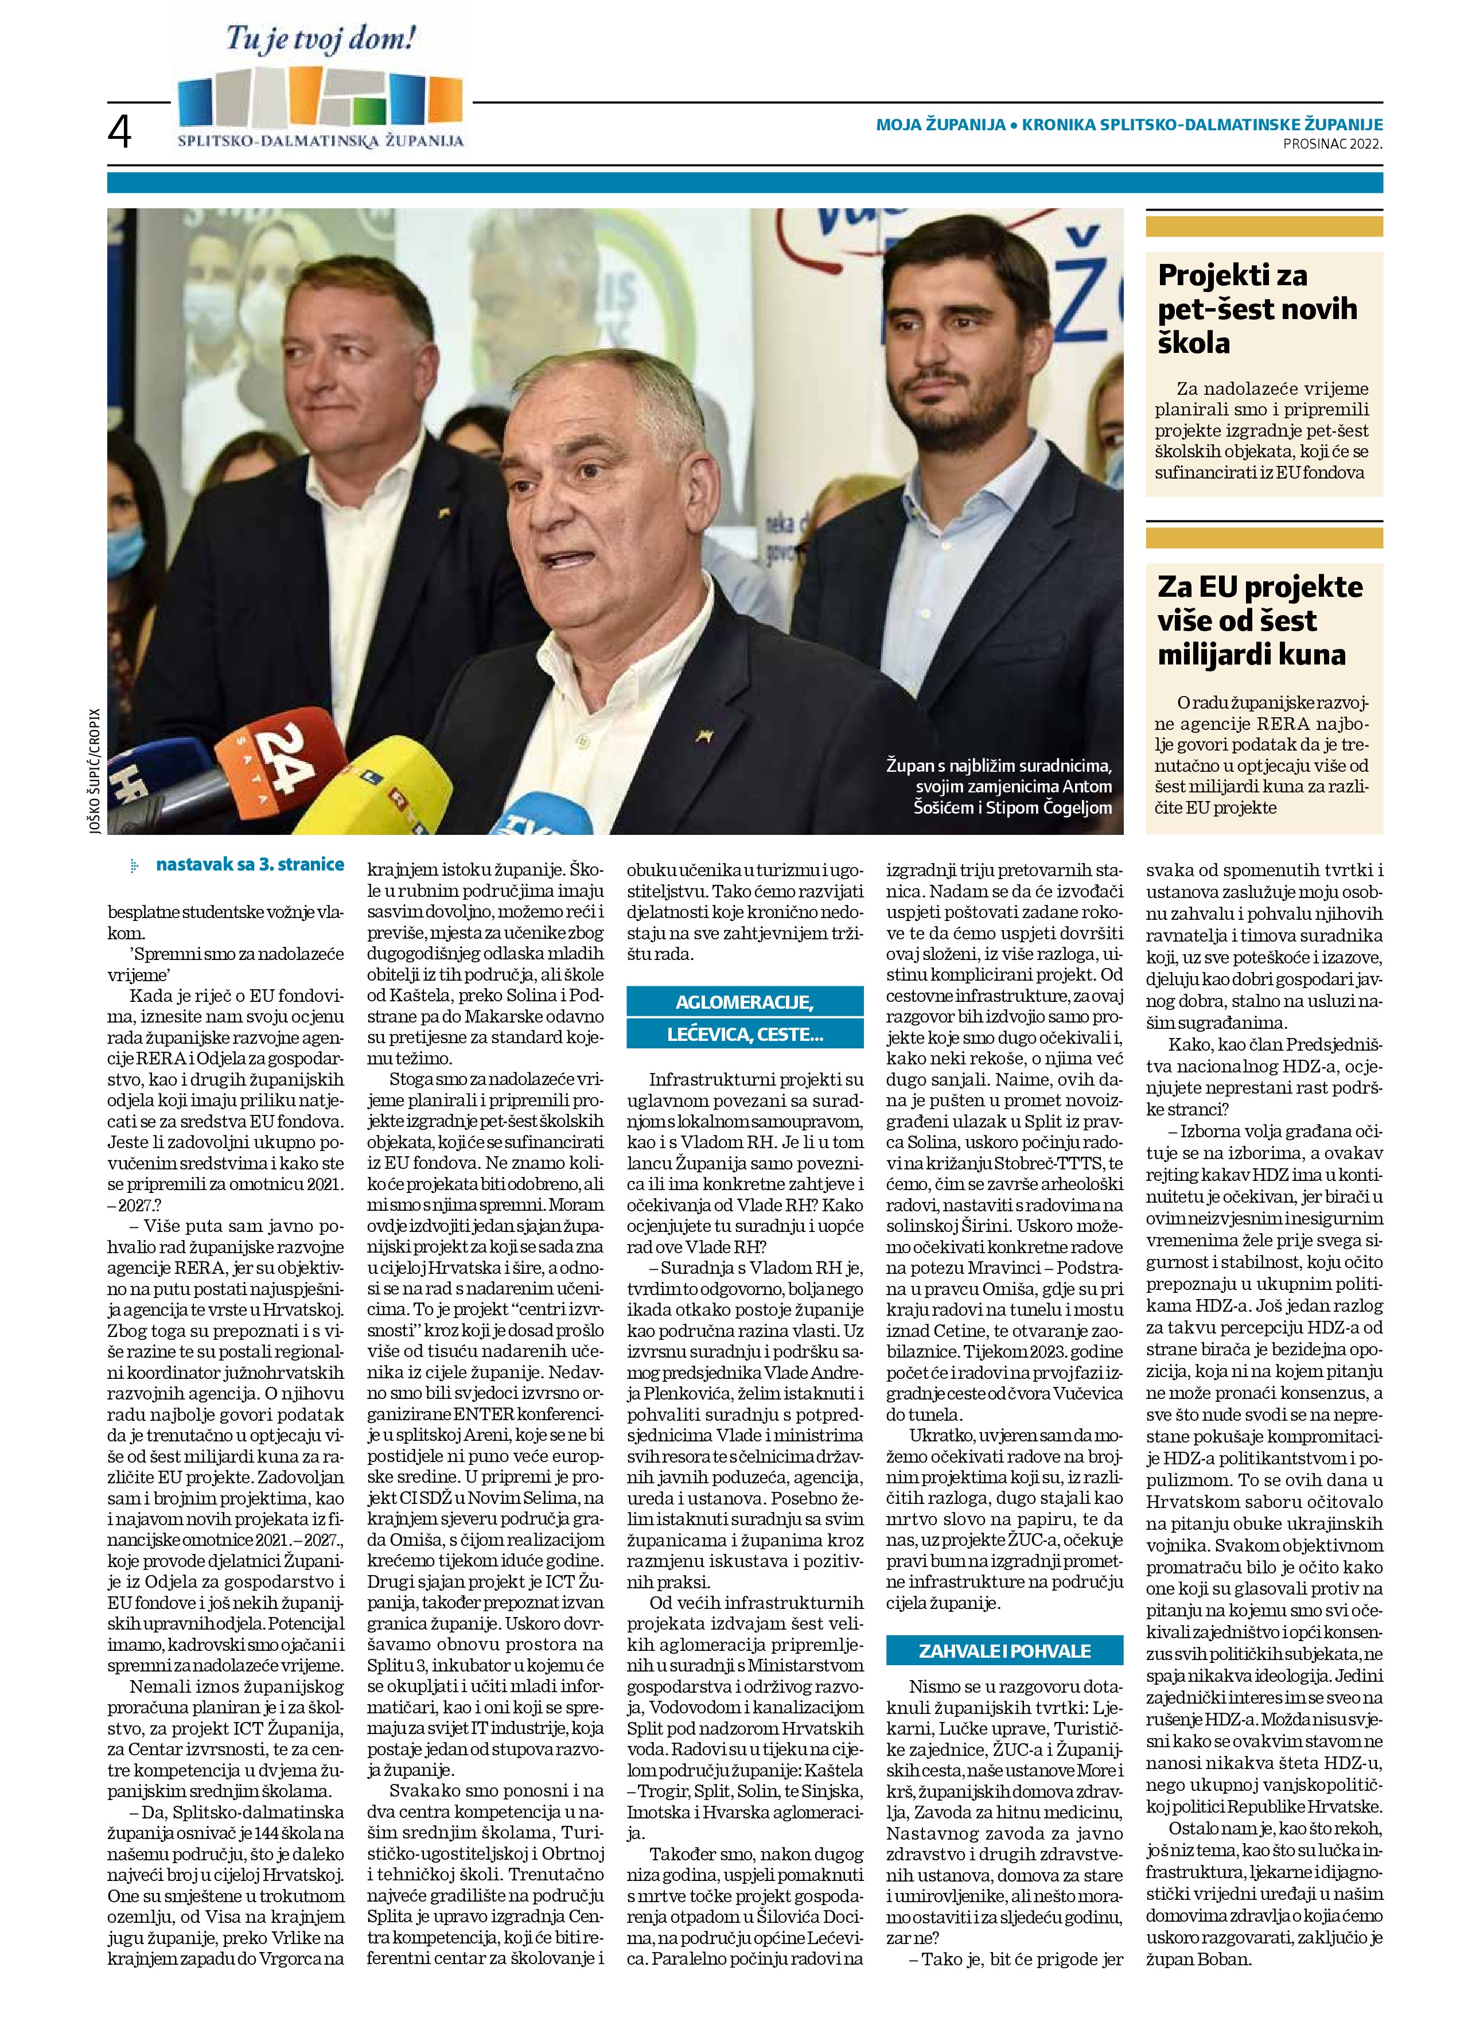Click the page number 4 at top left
[x=119, y=133]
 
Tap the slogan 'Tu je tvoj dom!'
[x=320, y=40]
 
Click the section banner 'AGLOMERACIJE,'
[x=744, y=1001]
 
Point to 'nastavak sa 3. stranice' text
[x=249, y=865]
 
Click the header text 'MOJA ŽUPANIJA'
[x=940, y=126]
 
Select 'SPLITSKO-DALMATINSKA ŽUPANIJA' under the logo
[x=320, y=141]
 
